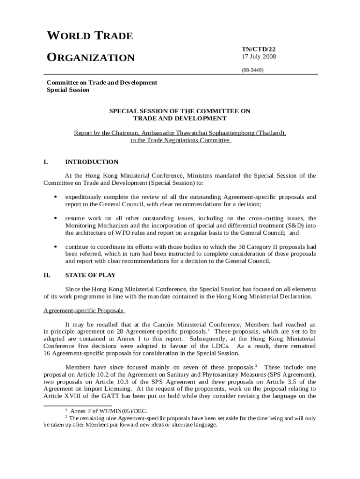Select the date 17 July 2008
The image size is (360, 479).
[x=259, y=57]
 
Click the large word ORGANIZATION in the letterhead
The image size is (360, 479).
[x=91, y=58]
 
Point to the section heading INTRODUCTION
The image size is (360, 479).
[x=92, y=162]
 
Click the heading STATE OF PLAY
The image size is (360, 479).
[x=90, y=275]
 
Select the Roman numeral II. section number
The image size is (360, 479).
[x=47, y=275]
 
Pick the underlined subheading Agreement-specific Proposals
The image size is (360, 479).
[x=83, y=310]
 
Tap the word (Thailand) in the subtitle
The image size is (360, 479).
[x=271, y=133]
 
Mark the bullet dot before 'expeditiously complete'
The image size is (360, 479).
[x=56, y=197]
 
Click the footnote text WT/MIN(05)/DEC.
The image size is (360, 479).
[x=107, y=410]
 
